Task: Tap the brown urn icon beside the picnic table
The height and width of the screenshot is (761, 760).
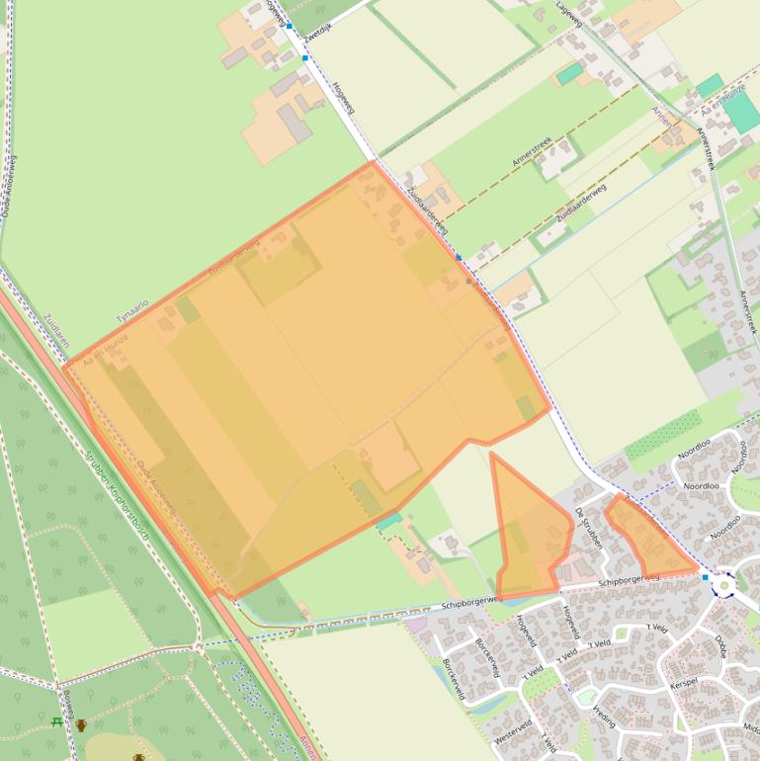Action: click(x=81, y=724)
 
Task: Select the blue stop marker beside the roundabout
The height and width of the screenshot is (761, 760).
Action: click(x=705, y=576)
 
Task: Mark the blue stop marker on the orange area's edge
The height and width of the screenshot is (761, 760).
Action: click(x=459, y=258)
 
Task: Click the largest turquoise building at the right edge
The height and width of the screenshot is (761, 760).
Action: click(x=742, y=113)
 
